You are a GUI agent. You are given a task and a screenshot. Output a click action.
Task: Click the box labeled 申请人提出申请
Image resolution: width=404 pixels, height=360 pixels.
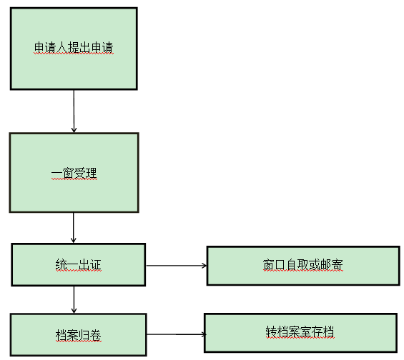74,49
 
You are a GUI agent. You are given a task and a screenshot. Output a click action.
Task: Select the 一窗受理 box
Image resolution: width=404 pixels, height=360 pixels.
74,173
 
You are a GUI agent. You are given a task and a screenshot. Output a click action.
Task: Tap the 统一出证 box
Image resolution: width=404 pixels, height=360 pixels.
79,264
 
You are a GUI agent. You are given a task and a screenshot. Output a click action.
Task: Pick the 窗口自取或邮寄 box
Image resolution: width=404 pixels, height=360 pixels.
303,266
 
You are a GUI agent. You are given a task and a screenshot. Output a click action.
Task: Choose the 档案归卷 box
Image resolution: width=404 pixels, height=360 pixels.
79,334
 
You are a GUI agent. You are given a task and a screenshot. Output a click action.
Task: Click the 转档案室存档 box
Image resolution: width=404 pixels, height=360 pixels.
300,332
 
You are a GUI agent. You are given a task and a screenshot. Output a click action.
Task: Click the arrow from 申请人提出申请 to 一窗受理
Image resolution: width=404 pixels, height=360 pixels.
74,111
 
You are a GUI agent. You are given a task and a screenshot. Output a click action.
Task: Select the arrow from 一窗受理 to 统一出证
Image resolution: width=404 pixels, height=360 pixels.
74,228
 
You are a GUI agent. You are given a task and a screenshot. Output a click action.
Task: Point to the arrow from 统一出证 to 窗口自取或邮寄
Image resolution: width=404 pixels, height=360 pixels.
176,265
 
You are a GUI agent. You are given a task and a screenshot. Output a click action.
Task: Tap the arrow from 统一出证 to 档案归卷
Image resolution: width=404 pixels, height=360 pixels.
74,299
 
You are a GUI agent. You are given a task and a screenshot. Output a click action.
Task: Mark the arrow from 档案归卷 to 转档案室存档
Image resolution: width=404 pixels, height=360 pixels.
177,334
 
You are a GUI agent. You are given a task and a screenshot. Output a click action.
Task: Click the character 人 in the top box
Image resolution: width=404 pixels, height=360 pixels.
61,48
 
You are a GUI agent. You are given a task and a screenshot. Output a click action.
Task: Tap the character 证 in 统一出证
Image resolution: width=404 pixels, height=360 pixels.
96,264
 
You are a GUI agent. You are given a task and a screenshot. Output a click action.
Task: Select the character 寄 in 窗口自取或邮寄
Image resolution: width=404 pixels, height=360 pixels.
337,264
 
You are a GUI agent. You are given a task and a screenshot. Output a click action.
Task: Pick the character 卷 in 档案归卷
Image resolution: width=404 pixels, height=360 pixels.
96,335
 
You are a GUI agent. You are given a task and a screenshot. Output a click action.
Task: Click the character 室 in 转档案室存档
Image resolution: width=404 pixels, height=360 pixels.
305,331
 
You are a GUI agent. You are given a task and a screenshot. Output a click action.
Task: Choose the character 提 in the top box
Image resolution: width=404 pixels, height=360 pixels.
74,48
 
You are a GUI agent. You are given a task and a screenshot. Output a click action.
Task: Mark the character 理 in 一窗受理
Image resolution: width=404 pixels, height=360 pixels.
92,173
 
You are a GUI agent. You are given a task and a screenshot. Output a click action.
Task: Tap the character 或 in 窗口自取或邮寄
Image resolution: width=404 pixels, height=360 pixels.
315,264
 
